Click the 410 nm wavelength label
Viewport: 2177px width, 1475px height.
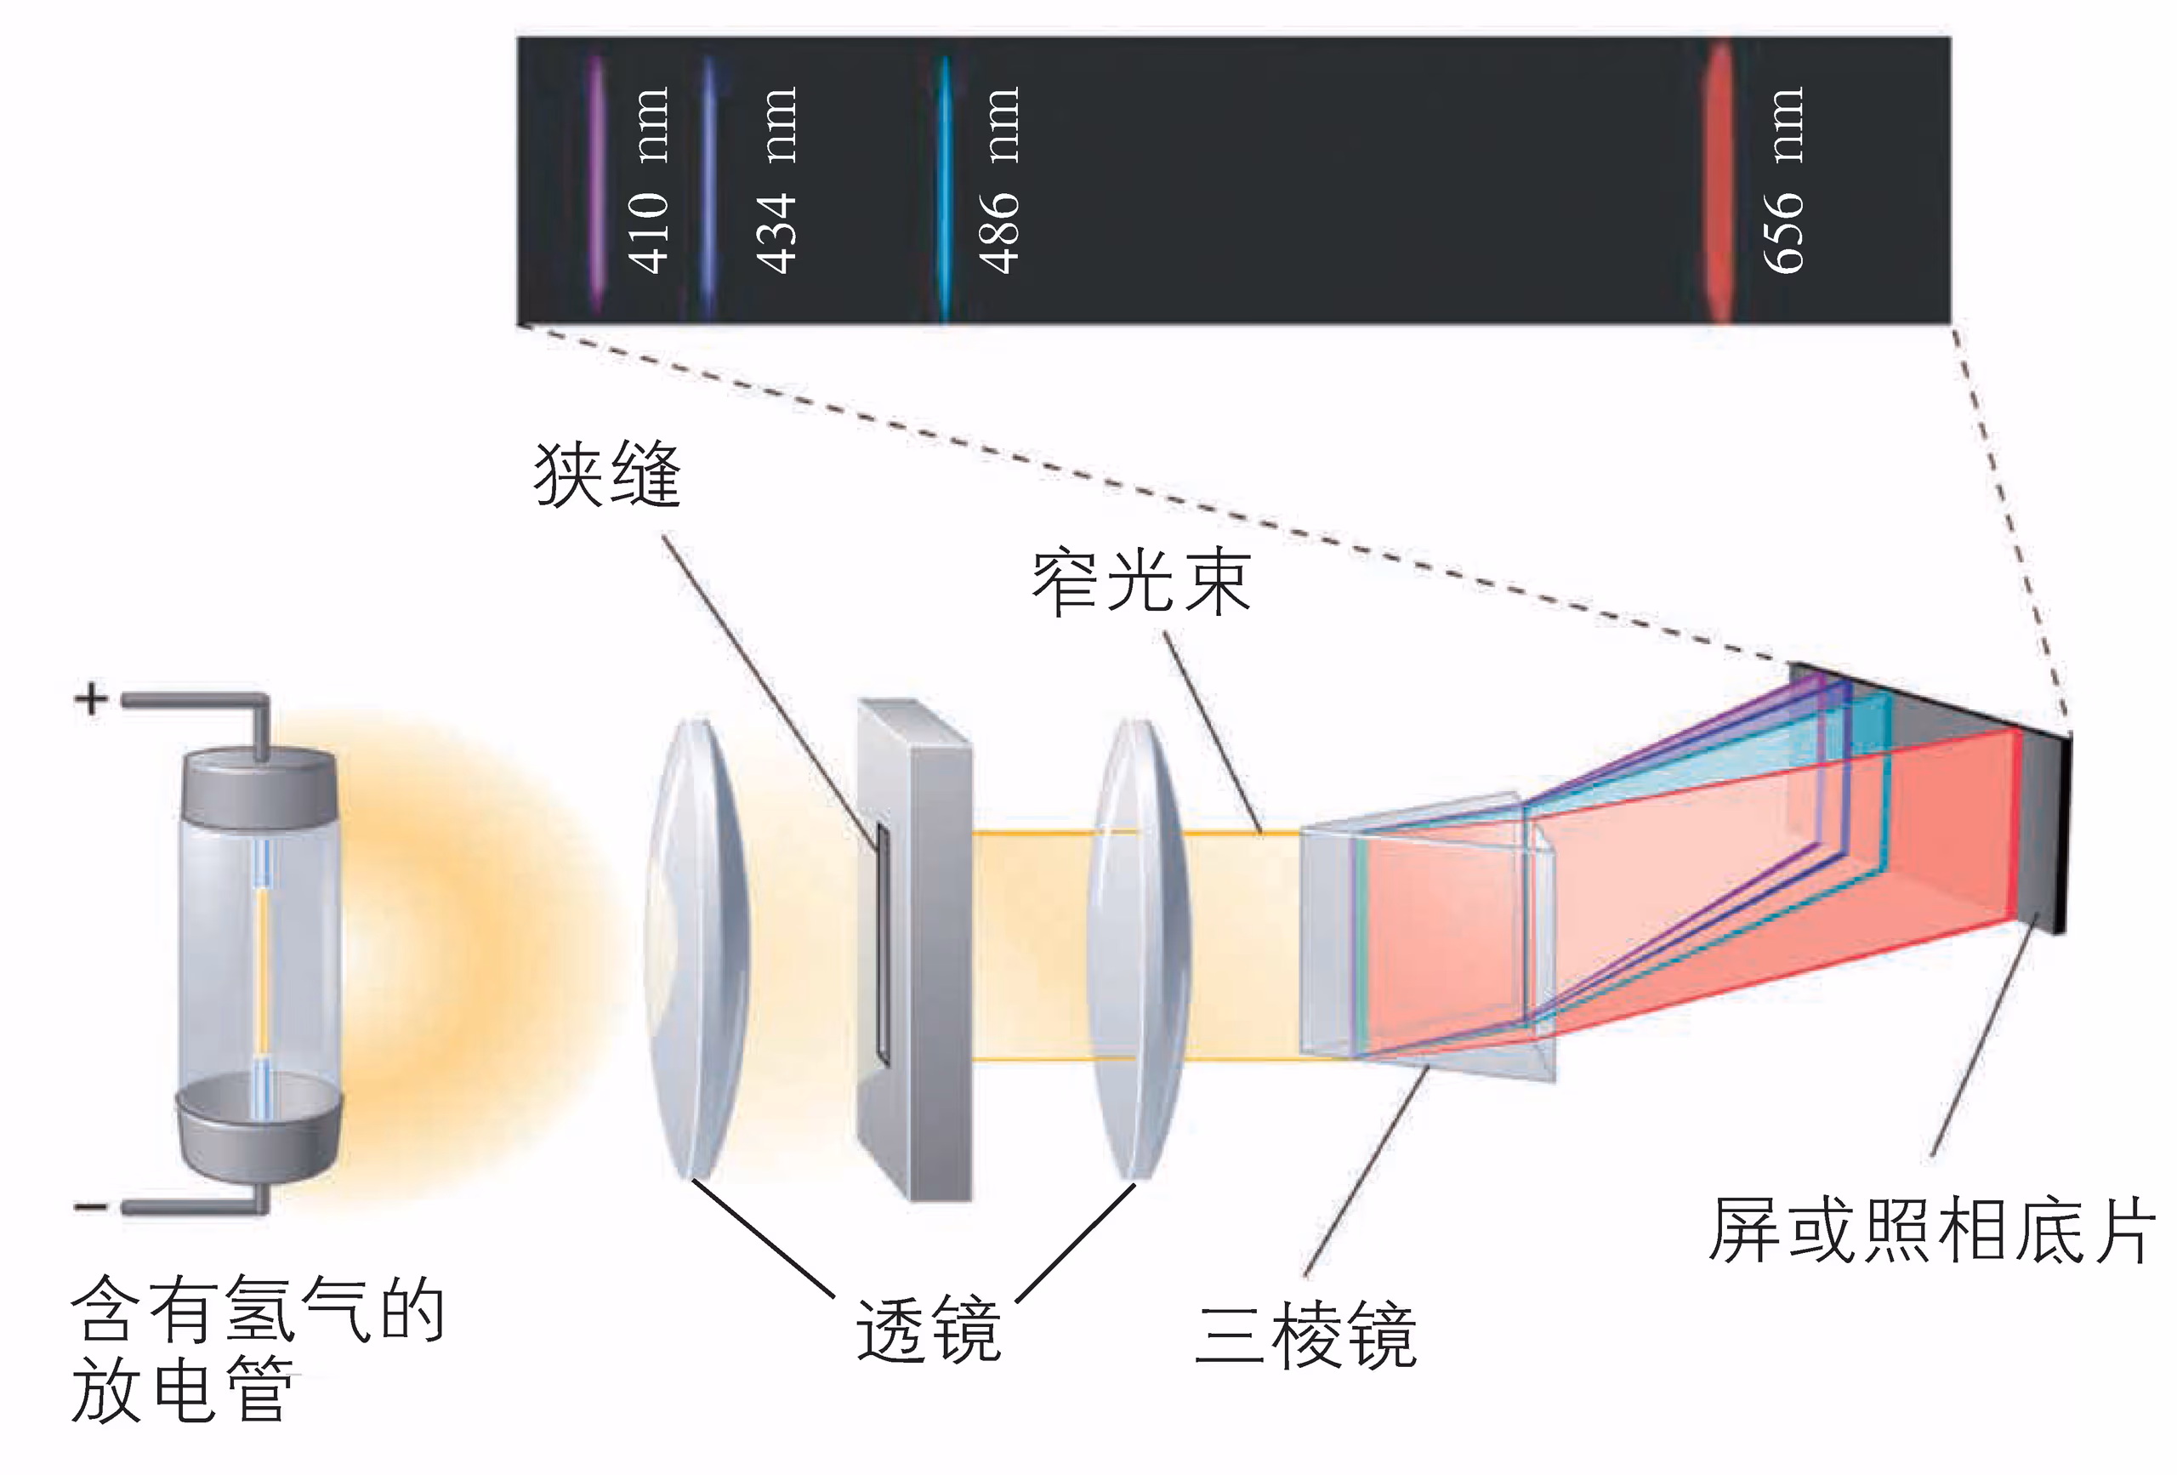click(x=648, y=181)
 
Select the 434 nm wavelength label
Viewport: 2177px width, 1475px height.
click(x=776, y=181)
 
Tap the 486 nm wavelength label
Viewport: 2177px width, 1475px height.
click(x=998, y=181)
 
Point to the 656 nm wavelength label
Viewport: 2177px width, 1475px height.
click(x=1782, y=181)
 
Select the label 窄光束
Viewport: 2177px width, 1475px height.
click(x=1141, y=583)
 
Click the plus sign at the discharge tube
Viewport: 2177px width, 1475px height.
click(x=91, y=699)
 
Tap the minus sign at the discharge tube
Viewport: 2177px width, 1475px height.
click(x=90, y=1207)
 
